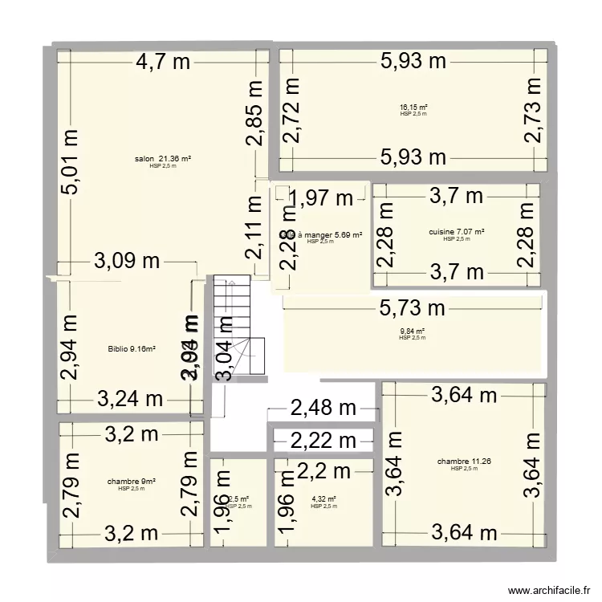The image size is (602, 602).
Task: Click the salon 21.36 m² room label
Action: pos(163,159)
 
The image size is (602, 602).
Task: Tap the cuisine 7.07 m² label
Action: pos(457,232)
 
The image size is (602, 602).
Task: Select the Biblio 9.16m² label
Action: pos(131,349)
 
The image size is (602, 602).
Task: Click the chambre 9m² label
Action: pos(131,482)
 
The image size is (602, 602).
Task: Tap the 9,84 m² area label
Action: pos(413,332)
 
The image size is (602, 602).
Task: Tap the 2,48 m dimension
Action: pos(323,409)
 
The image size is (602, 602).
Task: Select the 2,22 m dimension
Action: pos(323,440)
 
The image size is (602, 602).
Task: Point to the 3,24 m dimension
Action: pos(130,398)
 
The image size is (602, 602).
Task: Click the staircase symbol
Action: pos(239,325)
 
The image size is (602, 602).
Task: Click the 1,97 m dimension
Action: pos(321,197)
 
